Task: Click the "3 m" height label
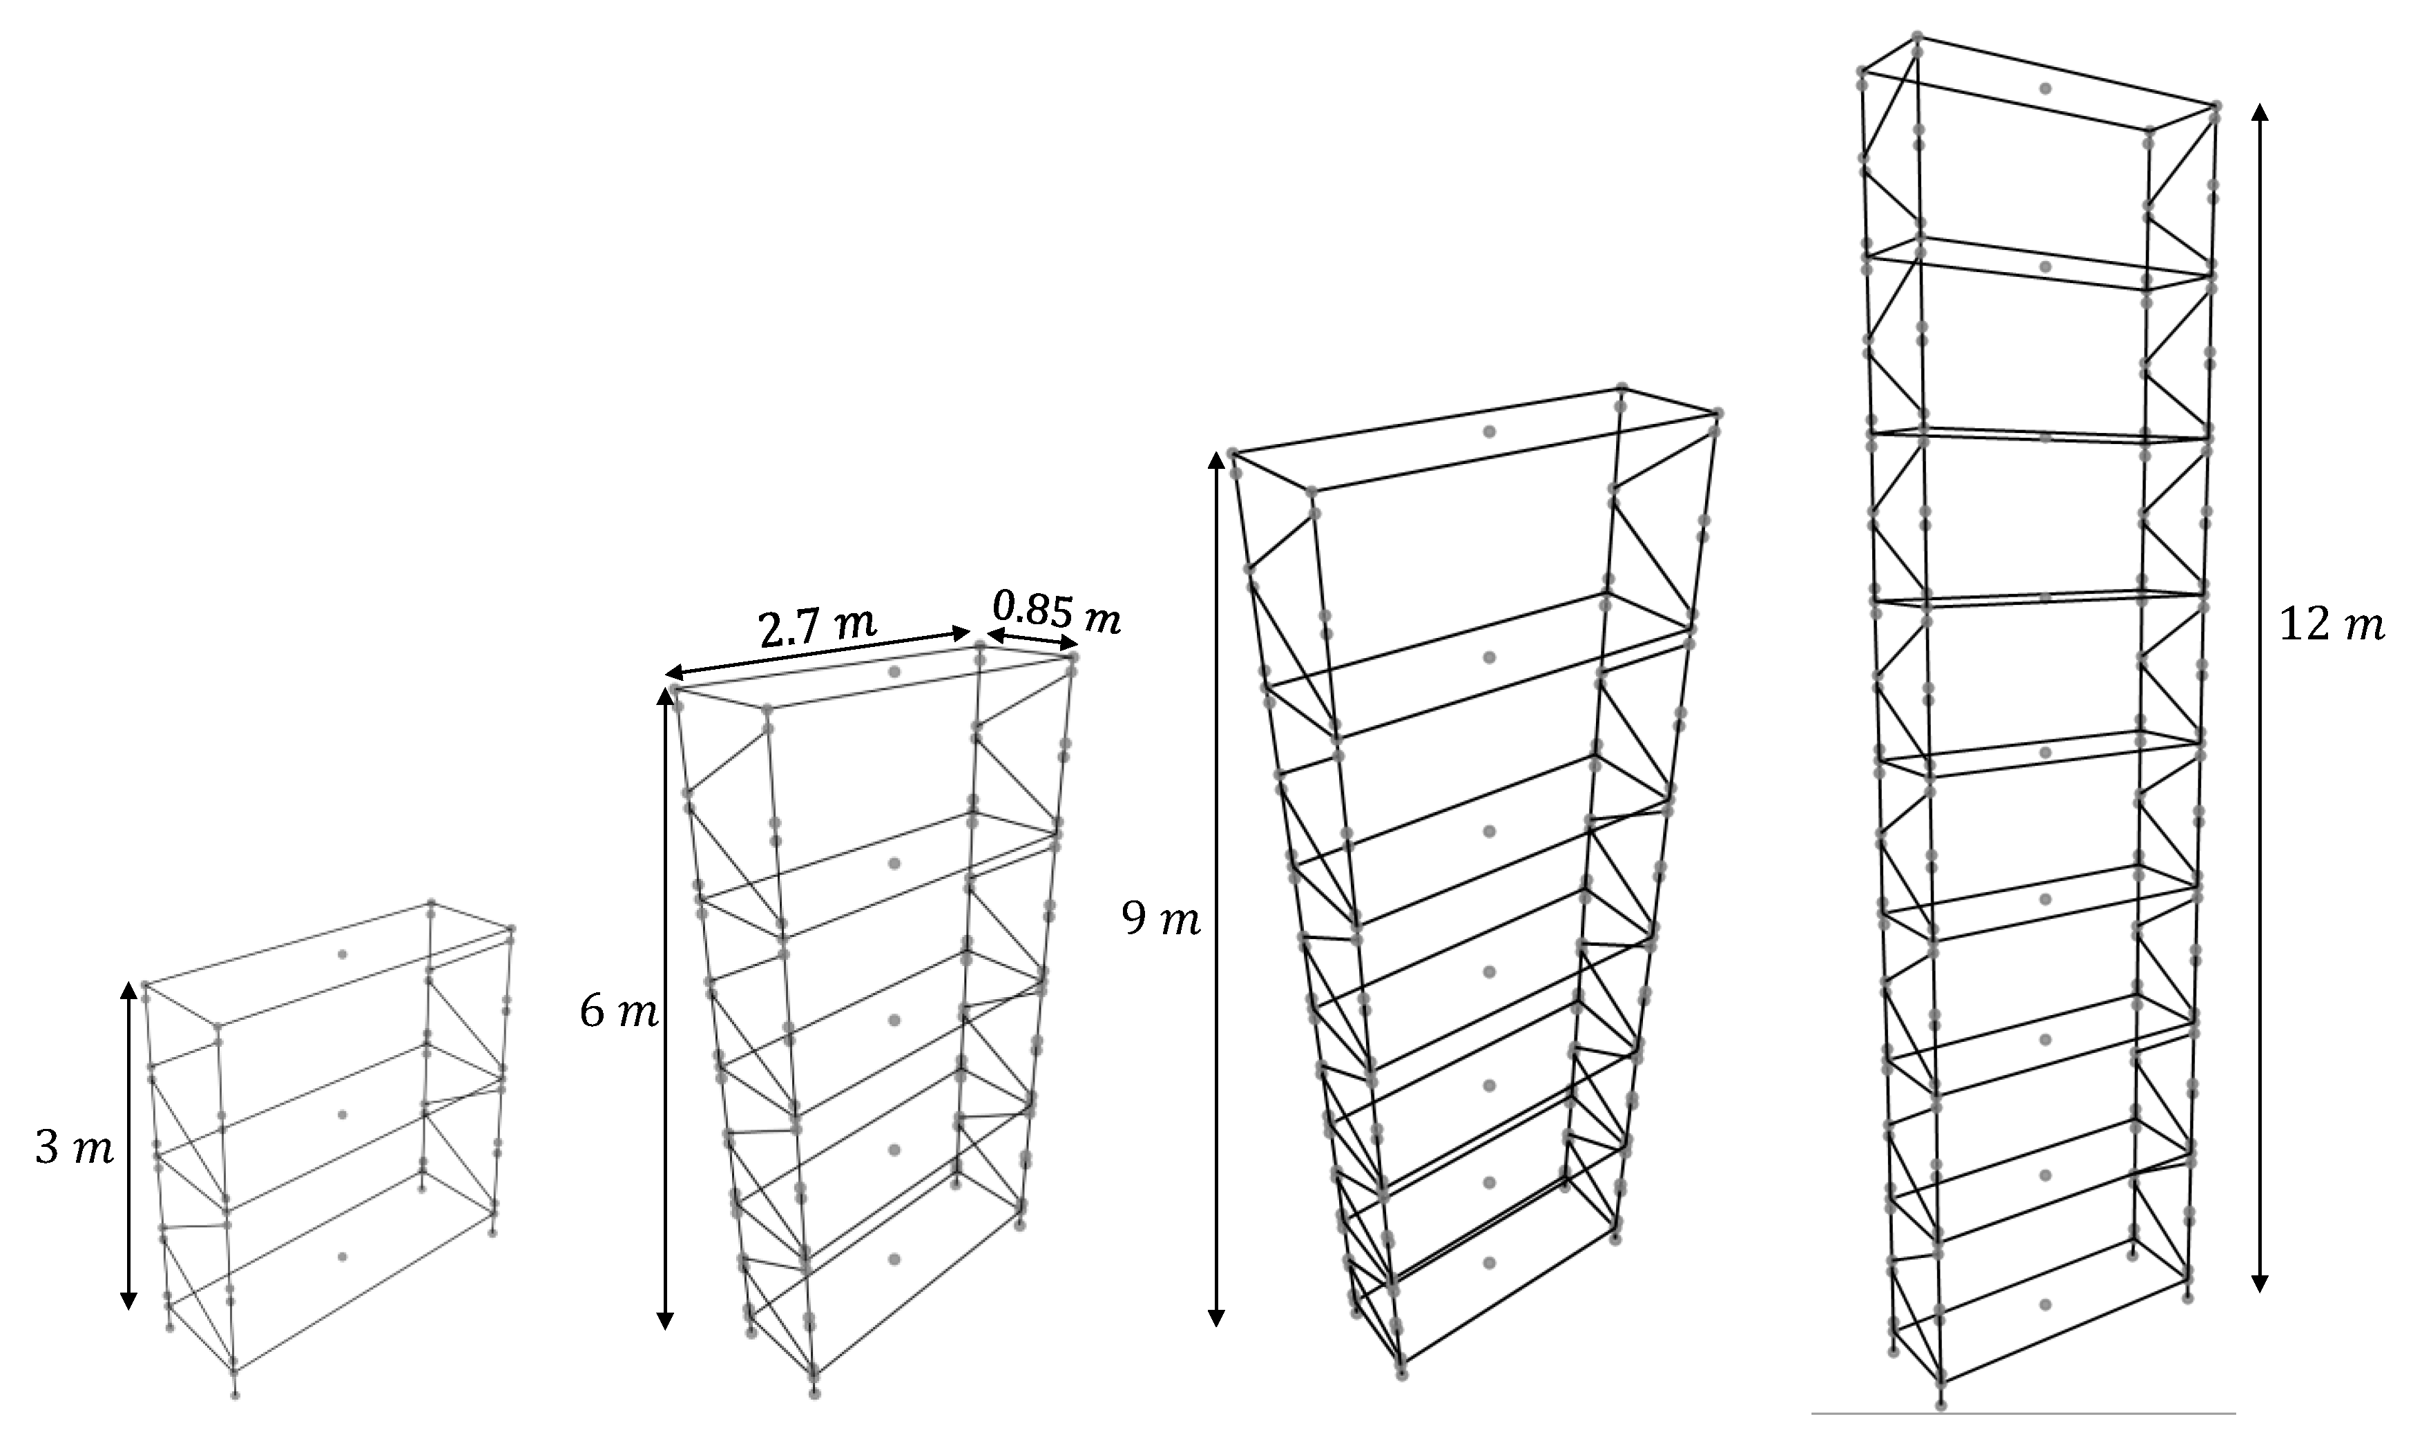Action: [74, 1150]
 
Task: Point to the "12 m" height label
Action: [2331, 626]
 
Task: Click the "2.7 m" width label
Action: [817, 628]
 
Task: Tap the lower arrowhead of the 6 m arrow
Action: [664, 1317]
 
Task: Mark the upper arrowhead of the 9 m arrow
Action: [1216, 465]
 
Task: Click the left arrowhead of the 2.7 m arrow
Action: [677, 672]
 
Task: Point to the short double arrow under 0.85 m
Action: [1030, 641]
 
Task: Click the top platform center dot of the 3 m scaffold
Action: [342, 954]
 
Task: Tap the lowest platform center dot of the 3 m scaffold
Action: [342, 1257]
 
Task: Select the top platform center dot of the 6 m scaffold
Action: [894, 672]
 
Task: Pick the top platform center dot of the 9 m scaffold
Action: [1489, 432]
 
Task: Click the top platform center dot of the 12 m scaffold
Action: [2045, 88]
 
